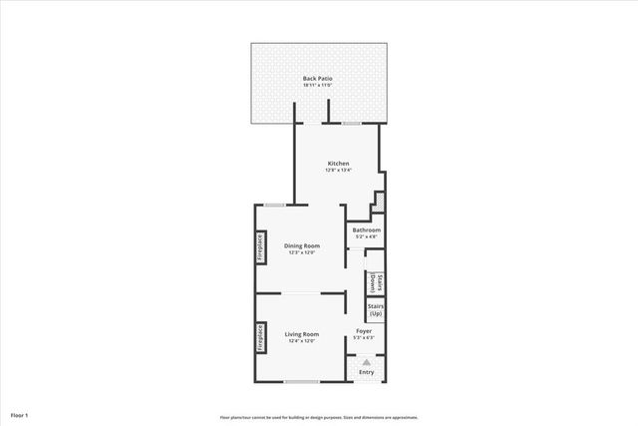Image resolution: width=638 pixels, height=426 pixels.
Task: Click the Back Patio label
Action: (x=318, y=78)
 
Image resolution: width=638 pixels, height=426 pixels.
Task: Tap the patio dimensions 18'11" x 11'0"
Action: (x=318, y=85)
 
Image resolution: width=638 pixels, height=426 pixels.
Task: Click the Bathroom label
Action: (x=366, y=230)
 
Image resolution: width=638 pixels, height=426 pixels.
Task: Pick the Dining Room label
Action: (x=301, y=245)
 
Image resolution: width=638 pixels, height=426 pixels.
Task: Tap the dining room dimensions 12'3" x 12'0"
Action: (x=301, y=252)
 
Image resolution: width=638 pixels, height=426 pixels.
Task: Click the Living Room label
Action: (x=301, y=334)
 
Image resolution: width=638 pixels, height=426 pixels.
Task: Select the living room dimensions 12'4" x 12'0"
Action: (x=301, y=341)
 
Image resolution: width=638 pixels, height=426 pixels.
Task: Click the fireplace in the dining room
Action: (x=260, y=247)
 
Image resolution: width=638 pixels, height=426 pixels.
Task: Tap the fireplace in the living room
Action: (x=260, y=337)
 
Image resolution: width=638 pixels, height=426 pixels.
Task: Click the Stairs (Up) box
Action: (x=376, y=310)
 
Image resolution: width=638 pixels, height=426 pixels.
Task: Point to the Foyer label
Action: (x=365, y=330)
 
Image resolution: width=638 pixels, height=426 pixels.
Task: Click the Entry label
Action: (x=367, y=373)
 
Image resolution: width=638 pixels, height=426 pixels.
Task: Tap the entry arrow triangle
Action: (x=367, y=362)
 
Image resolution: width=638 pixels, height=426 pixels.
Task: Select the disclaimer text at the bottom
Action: (x=319, y=417)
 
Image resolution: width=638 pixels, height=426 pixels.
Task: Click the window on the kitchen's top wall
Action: (x=351, y=123)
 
